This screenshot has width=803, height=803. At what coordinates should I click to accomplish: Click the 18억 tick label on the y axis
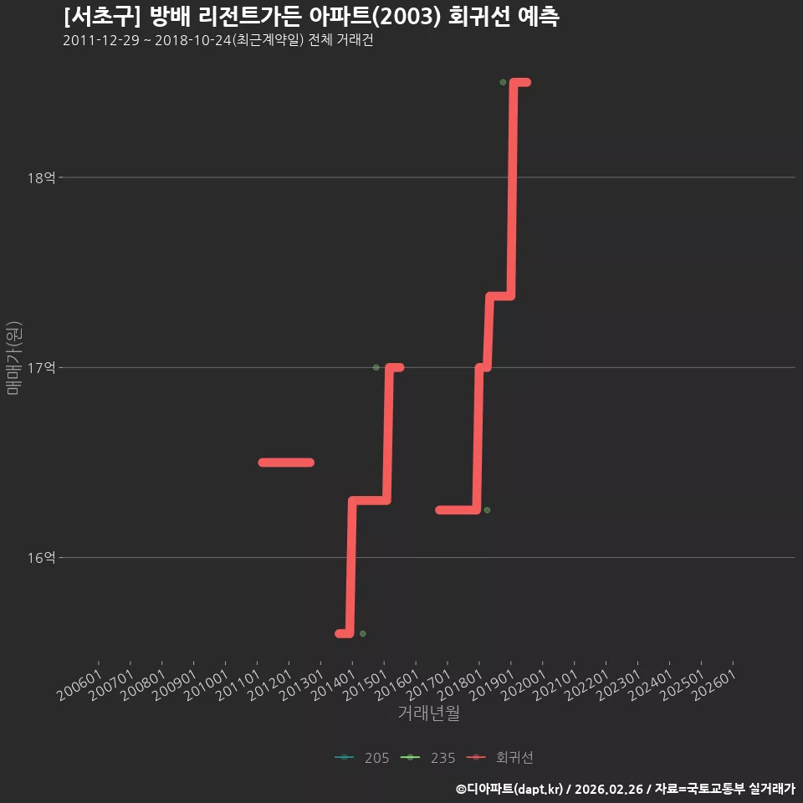42,177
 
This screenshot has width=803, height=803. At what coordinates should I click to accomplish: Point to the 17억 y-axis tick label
42,368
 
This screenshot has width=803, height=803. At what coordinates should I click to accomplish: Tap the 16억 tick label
42,558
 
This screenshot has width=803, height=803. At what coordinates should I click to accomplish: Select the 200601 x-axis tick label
79,685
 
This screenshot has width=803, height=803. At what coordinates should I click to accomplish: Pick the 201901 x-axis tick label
492,685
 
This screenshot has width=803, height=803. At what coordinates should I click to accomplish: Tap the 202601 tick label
714,685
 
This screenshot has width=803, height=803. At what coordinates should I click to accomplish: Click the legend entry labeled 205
361,758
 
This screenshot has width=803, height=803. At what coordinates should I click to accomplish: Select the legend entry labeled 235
427,758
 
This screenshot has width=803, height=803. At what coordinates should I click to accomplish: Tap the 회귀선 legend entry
500,758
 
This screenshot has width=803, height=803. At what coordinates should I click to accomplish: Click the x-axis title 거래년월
428,713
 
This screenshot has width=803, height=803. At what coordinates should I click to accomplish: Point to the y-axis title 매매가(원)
14,358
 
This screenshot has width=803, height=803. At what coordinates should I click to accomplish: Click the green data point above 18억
503,83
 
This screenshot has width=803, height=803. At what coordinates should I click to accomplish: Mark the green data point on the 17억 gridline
376,368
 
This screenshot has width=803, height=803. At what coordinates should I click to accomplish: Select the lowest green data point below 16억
363,634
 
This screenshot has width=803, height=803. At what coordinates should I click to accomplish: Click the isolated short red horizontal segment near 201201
286,463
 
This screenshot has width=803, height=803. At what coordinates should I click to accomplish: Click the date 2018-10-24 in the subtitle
193,40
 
